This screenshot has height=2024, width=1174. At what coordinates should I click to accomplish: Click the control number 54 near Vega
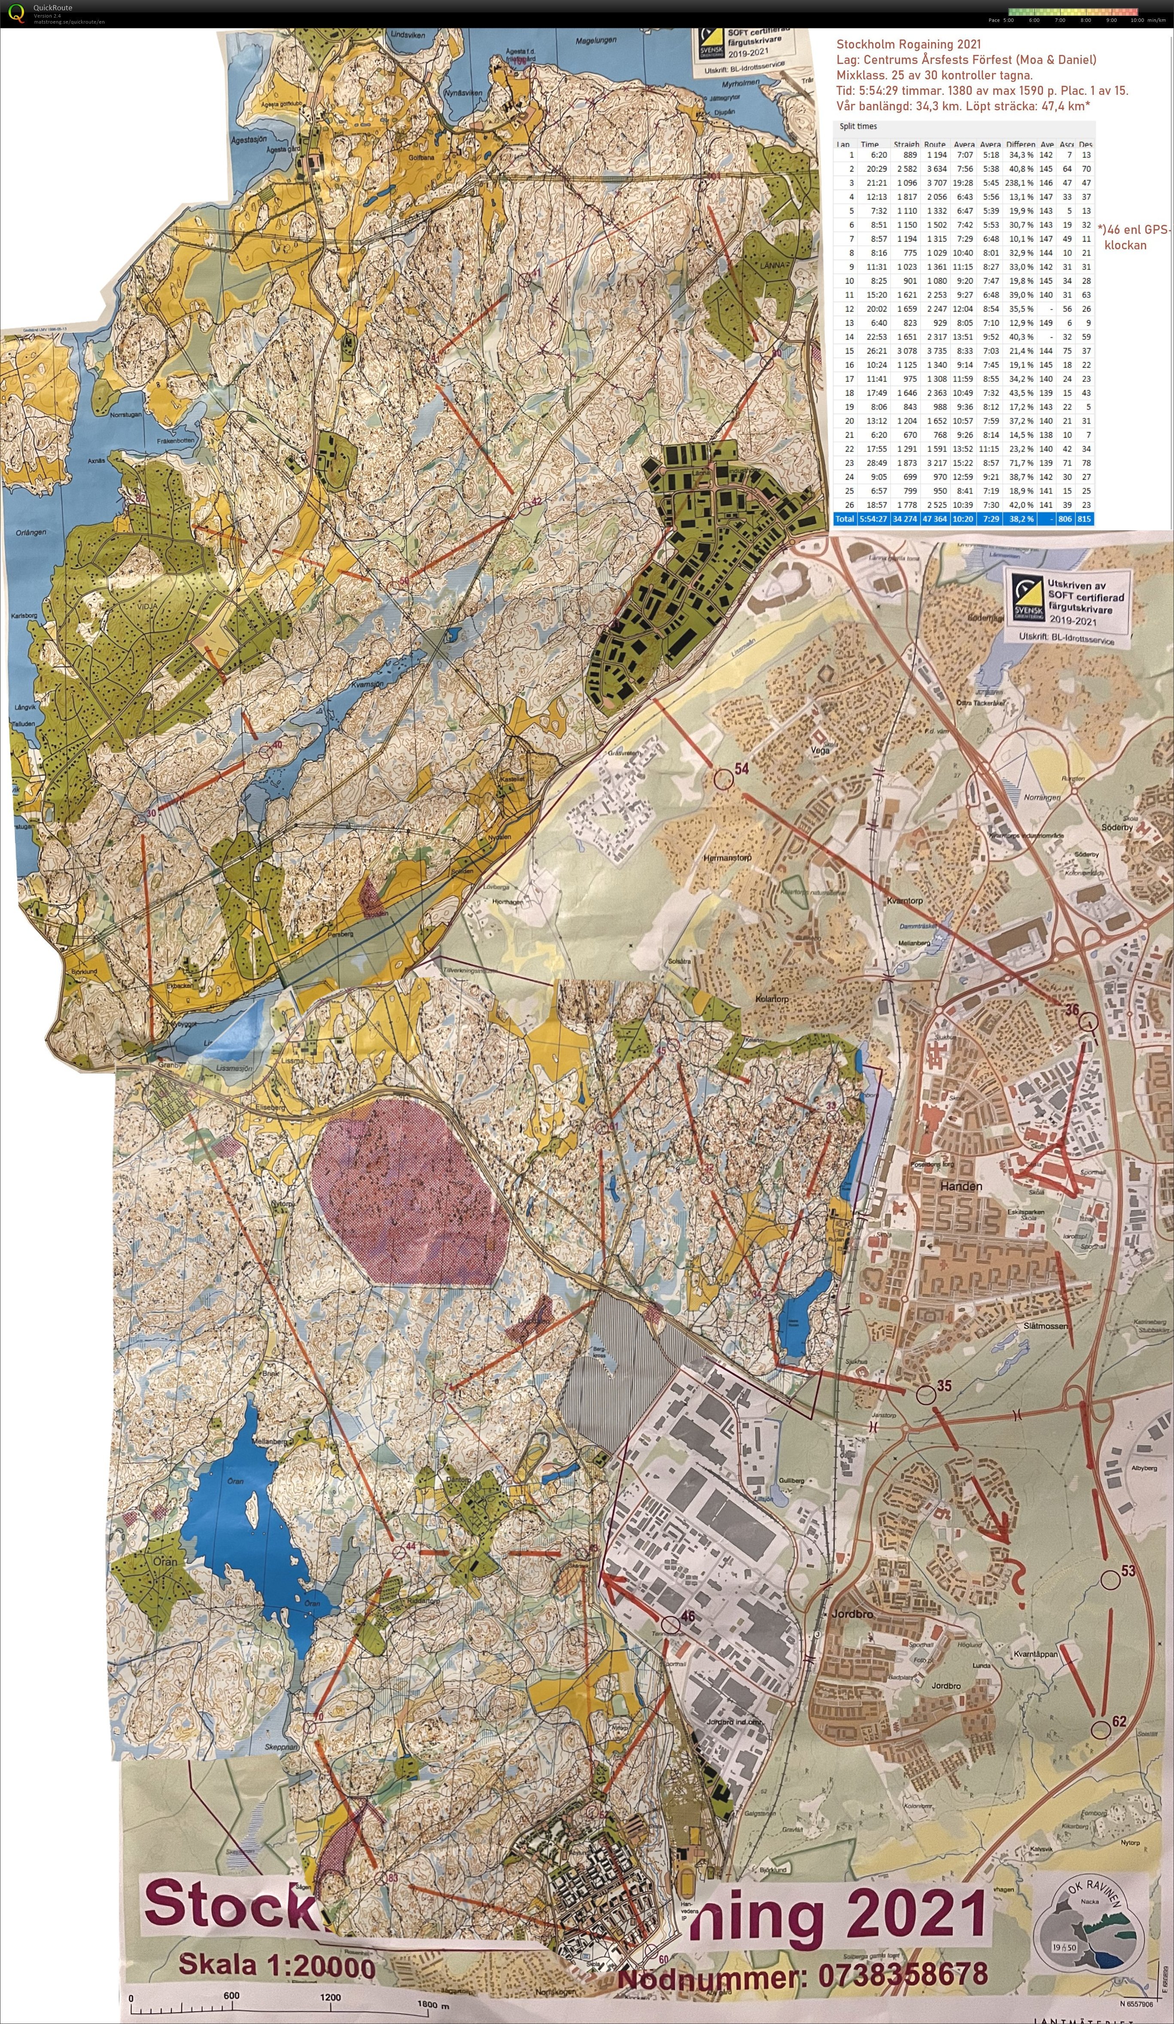click(741, 768)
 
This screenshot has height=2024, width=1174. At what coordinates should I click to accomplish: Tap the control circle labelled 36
click(1088, 1022)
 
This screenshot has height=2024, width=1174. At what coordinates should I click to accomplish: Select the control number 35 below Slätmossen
click(944, 1385)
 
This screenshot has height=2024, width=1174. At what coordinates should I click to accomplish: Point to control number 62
click(1119, 1720)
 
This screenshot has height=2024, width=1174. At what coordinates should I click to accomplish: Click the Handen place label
click(961, 1186)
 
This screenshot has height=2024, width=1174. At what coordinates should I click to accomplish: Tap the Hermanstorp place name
click(727, 858)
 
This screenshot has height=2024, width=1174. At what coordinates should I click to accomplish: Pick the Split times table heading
click(858, 126)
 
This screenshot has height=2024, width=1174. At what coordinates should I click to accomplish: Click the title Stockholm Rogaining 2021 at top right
click(908, 44)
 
